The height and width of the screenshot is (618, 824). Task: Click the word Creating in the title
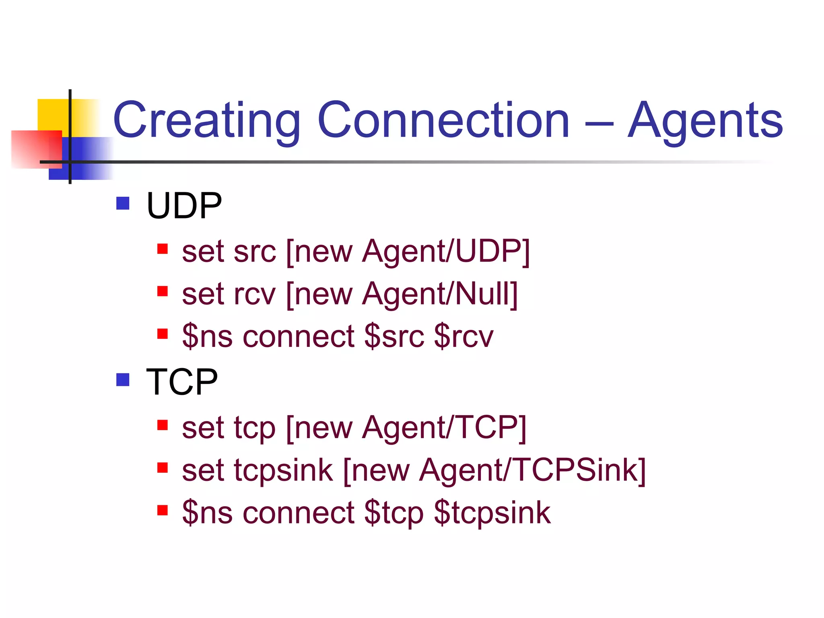(206, 121)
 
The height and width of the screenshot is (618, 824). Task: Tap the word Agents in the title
(705, 121)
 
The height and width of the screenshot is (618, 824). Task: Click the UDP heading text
(184, 206)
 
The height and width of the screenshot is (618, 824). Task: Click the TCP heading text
(181, 382)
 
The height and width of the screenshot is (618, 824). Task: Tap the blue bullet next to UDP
(123, 203)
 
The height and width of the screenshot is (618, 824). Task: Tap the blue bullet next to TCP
(123, 379)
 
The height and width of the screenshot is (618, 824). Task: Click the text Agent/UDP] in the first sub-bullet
(446, 252)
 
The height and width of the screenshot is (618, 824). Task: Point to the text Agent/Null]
(440, 295)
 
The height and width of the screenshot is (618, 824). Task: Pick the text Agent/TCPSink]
(532, 470)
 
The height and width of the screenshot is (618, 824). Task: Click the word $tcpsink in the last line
(492, 513)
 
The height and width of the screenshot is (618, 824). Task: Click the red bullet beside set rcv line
(162, 291)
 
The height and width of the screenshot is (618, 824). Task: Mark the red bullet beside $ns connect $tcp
(162, 510)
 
